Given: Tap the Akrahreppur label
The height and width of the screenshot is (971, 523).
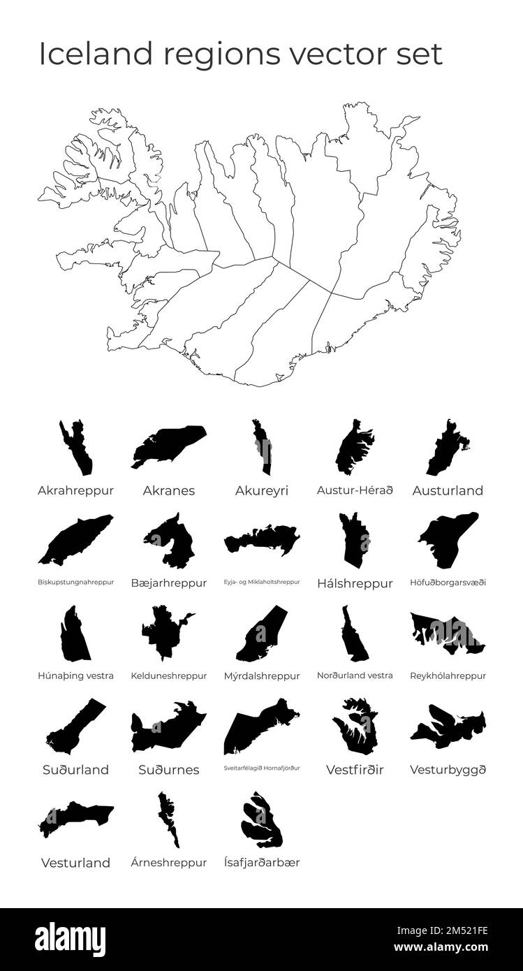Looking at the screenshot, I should coord(75,490).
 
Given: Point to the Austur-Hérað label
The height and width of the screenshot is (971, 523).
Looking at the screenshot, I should coord(355,490).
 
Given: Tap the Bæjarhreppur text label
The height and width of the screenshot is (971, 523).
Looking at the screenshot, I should coord(169,583).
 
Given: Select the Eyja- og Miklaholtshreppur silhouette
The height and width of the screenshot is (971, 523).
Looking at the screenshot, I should coord(261,540).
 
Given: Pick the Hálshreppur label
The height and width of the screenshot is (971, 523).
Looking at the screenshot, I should coord(355,583).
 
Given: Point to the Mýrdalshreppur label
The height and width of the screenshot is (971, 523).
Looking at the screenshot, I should coord(262,676).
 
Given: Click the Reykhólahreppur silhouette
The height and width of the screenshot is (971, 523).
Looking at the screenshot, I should coord(447,633).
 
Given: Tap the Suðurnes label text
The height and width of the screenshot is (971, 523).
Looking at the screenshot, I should coord(169,770).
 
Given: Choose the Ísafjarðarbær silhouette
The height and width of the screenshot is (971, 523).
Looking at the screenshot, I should coord(262,819).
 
